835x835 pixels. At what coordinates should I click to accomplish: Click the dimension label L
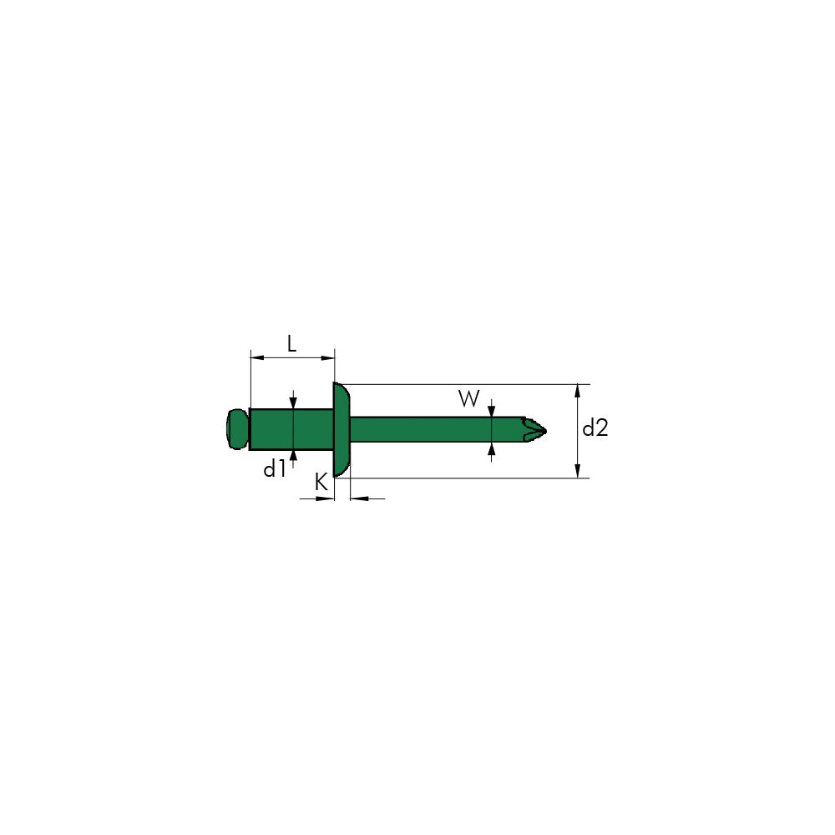point(291,342)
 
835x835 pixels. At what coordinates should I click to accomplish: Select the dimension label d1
point(275,469)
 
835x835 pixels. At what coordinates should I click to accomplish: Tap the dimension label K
point(321,482)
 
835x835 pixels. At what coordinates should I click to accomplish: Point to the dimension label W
point(469,399)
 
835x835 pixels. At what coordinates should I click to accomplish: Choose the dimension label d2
point(595,429)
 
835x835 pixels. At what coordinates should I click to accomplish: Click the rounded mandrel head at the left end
point(237,428)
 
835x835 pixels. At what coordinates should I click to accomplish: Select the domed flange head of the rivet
point(342,430)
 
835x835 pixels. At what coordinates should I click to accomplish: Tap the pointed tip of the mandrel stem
point(540,430)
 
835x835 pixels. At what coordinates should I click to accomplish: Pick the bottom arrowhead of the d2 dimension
point(578,473)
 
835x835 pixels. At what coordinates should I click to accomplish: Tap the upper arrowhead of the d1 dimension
point(293,402)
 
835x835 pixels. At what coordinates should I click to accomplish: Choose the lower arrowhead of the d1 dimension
point(293,456)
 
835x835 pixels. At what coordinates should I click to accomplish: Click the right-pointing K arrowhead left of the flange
point(328,498)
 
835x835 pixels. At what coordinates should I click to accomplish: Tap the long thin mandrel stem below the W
point(434,429)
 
